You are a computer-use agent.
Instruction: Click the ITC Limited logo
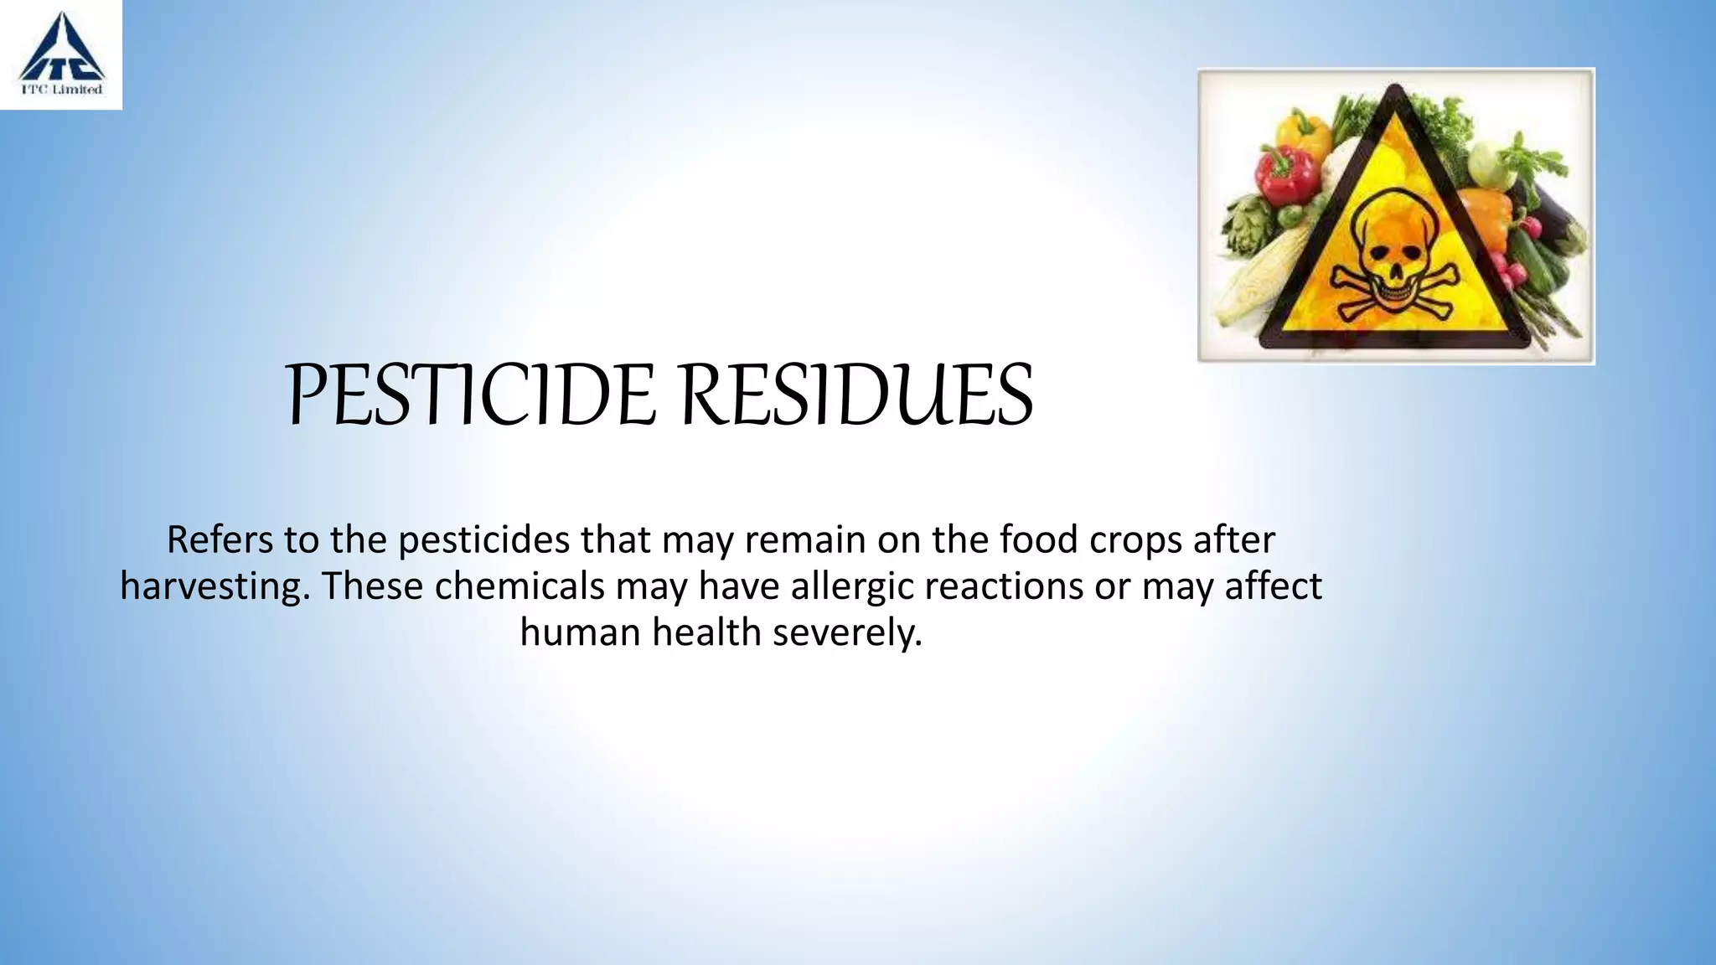click(x=61, y=54)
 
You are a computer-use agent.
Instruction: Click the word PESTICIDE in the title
click(x=470, y=395)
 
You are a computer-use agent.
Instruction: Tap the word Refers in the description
click(x=220, y=539)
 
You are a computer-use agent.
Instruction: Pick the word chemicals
click(x=519, y=586)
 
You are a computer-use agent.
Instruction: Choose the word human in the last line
click(x=581, y=632)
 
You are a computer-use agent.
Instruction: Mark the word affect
click(x=1273, y=586)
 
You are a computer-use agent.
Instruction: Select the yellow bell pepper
click(x=1303, y=134)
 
